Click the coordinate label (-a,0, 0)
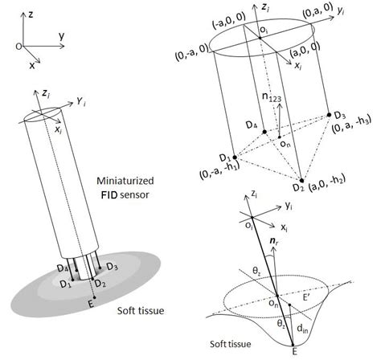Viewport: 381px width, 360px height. (x=229, y=20)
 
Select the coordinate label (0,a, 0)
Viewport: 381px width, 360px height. (x=317, y=10)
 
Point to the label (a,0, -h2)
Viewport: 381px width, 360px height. (x=327, y=183)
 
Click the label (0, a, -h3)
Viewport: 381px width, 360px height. (x=351, y=125)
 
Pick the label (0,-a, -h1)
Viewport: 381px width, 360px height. (x=219, y=171)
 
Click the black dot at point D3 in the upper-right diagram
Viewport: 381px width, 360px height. (x=330, y=115)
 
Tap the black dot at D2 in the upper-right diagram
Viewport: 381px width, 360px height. (x=302, y=180)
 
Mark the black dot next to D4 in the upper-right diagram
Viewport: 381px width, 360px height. (x=264, y=132)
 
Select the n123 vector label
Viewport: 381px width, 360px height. (x=272, y=96)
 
